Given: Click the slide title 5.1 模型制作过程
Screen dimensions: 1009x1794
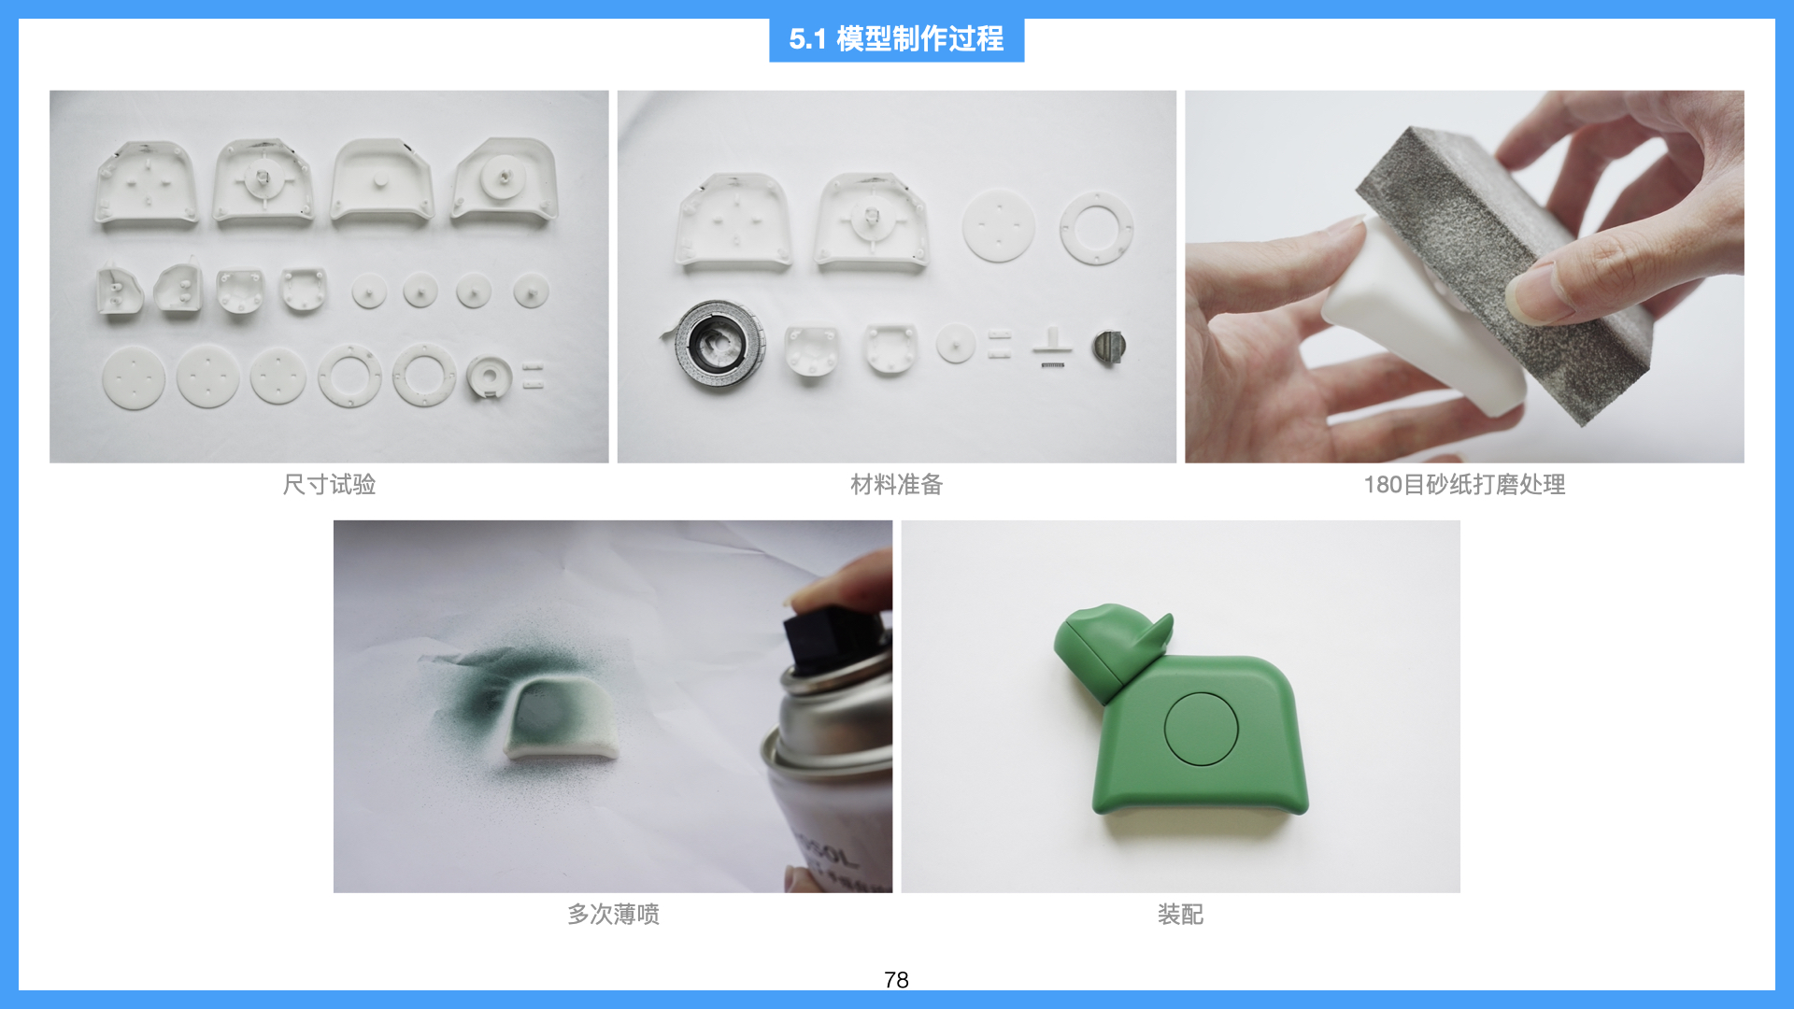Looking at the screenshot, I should (896, 39).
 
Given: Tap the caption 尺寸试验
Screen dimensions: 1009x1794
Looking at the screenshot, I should (329, 484).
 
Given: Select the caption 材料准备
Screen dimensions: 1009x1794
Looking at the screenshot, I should (896, 484).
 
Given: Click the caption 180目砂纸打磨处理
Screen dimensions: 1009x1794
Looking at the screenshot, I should (1463, 484).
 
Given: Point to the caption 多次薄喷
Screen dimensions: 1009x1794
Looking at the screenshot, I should (613, 914).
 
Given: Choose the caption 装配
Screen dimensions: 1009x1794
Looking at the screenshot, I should (1180, 914).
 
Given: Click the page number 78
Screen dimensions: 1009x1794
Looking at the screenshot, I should (895, 979).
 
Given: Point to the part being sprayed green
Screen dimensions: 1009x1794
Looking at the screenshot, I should (561, 719).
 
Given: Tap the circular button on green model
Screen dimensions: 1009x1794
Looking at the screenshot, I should (1201, 729).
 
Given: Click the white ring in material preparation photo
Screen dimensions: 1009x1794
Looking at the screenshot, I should (1096, 229).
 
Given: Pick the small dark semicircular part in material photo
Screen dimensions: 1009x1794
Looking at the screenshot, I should (1109, 347).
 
